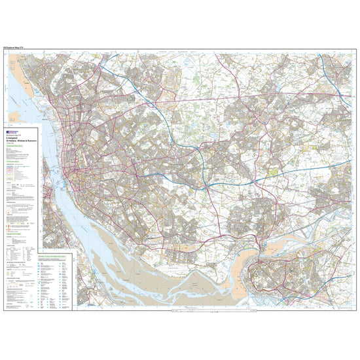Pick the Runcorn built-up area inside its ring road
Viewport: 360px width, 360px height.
(x=281, y=275)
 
